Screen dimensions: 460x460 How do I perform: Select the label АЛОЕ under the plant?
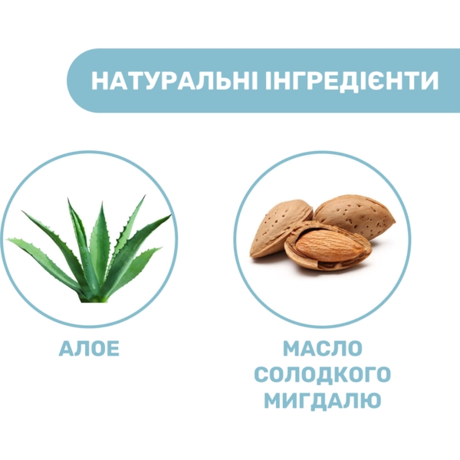(x=90, y=349)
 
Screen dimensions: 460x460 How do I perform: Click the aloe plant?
(x=92, y=253)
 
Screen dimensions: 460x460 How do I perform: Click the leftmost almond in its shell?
(x=281, y=228)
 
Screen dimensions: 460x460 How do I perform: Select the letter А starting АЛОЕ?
(x=67, y=349)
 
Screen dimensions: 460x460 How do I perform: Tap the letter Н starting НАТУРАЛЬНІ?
(x=99, y=81)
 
